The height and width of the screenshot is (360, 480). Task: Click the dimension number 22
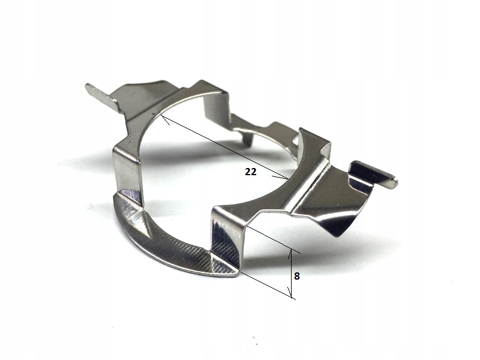250,172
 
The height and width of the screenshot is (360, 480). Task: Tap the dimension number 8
296,276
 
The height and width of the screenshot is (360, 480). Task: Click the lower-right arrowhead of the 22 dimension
281,176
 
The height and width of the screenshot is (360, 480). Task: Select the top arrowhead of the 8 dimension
290,254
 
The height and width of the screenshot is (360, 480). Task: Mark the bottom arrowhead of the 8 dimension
290,292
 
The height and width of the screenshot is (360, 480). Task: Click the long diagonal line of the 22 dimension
224,147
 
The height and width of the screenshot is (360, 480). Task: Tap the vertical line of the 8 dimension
291,274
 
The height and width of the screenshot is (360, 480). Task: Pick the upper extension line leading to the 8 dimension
274,239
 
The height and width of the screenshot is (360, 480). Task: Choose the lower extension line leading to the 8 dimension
268,284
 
